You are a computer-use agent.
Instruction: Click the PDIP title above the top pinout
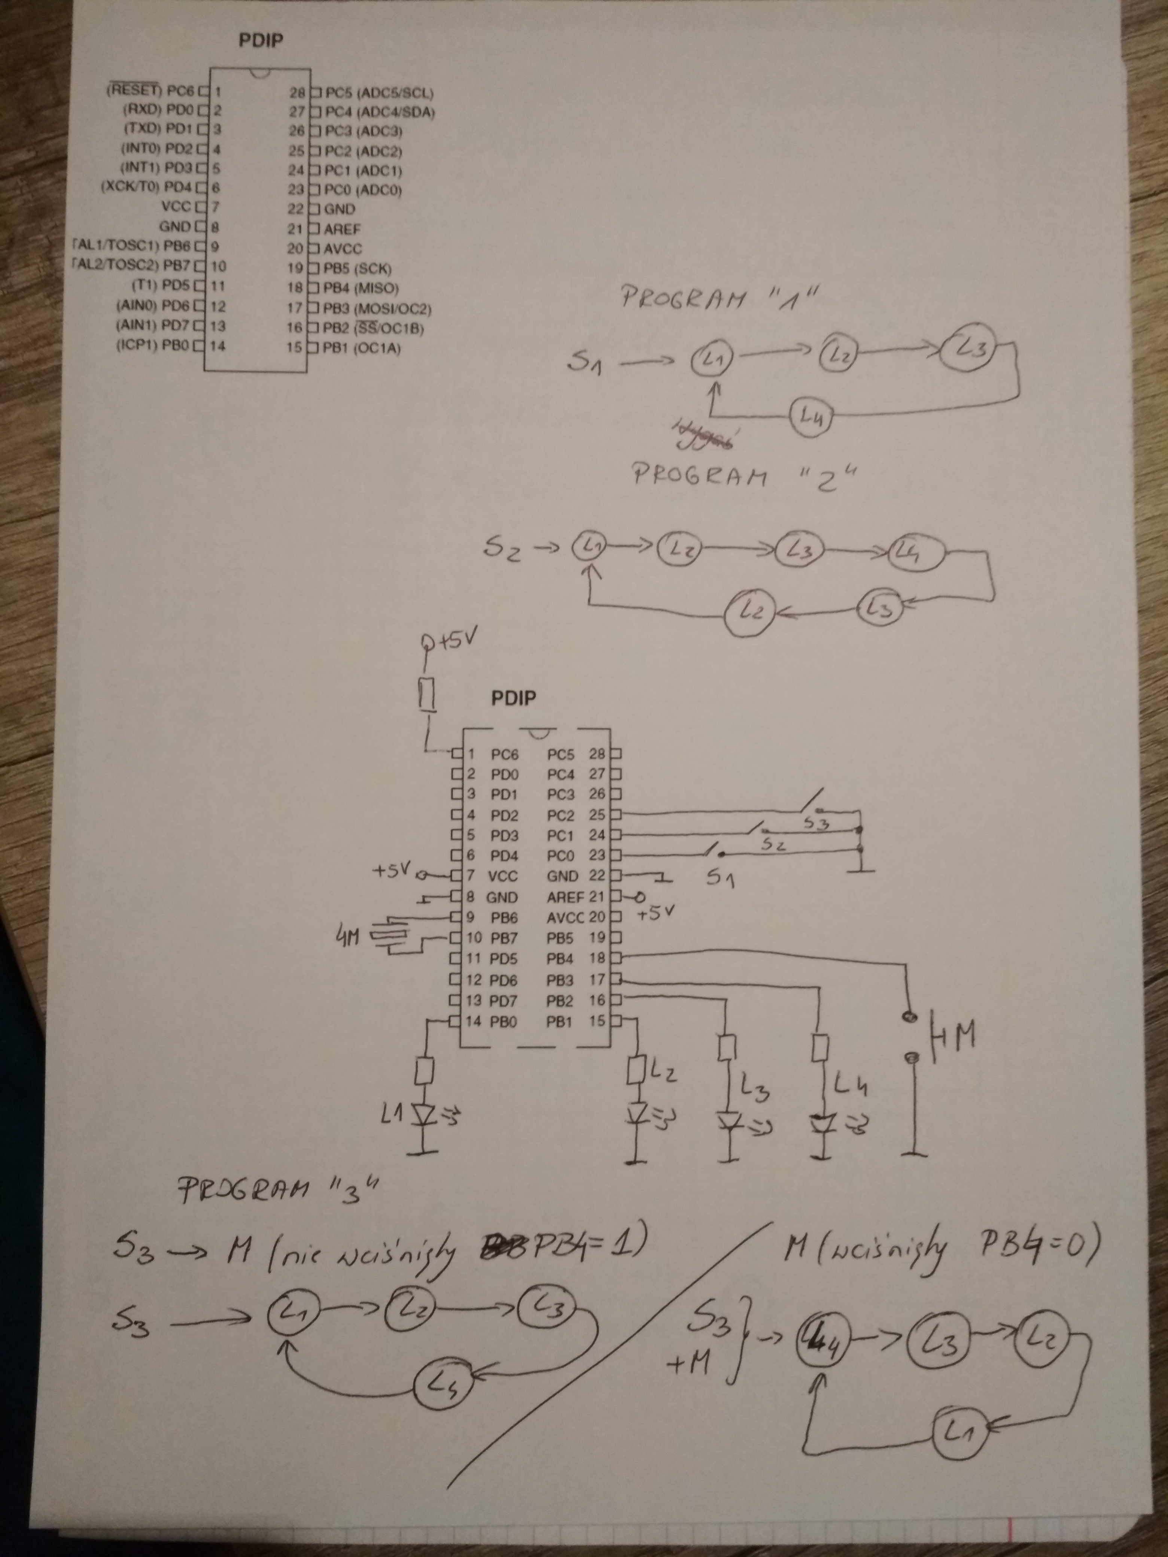tap(260, 41)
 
